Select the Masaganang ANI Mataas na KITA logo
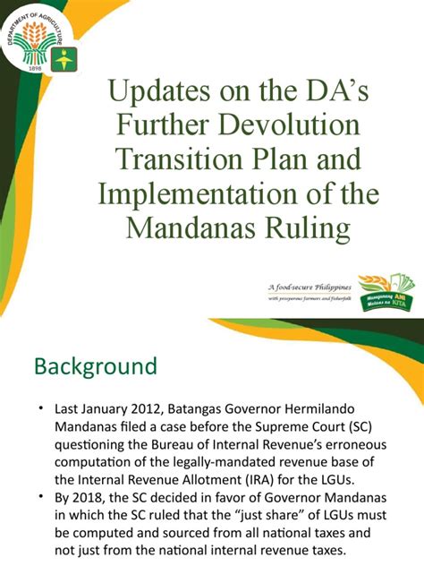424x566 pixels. (386, 292)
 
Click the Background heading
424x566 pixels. (96, 367)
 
